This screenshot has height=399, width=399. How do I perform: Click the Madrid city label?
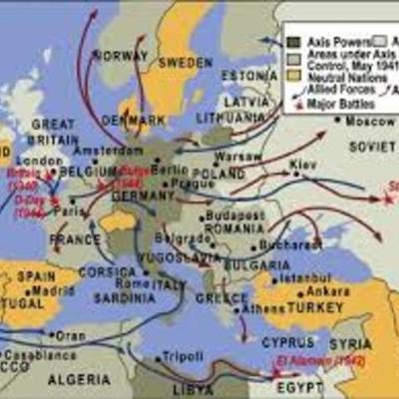pos(57,291)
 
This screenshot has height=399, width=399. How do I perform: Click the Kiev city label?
pos(304,161)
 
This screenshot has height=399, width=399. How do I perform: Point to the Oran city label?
pos(69,335)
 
